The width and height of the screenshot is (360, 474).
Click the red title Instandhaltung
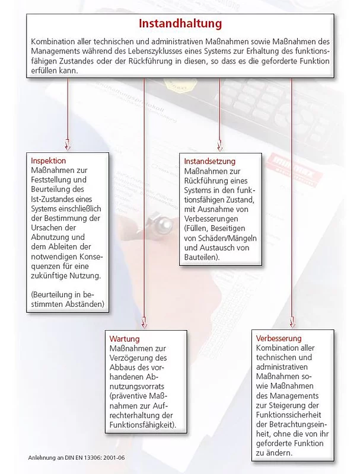click(180, 24)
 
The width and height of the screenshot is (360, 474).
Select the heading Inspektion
click(49, 161)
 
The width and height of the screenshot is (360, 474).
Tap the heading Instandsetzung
click(210, 161)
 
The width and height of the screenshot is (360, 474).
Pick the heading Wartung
click(125, 338)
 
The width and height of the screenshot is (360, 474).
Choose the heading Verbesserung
click(279, 338)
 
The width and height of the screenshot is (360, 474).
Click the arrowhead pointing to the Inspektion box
click(67, 145)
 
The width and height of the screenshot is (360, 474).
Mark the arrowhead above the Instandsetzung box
click(219, 145)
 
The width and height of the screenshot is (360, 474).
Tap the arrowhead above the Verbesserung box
click(291, 323)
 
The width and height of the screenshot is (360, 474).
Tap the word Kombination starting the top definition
click(51, 42)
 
